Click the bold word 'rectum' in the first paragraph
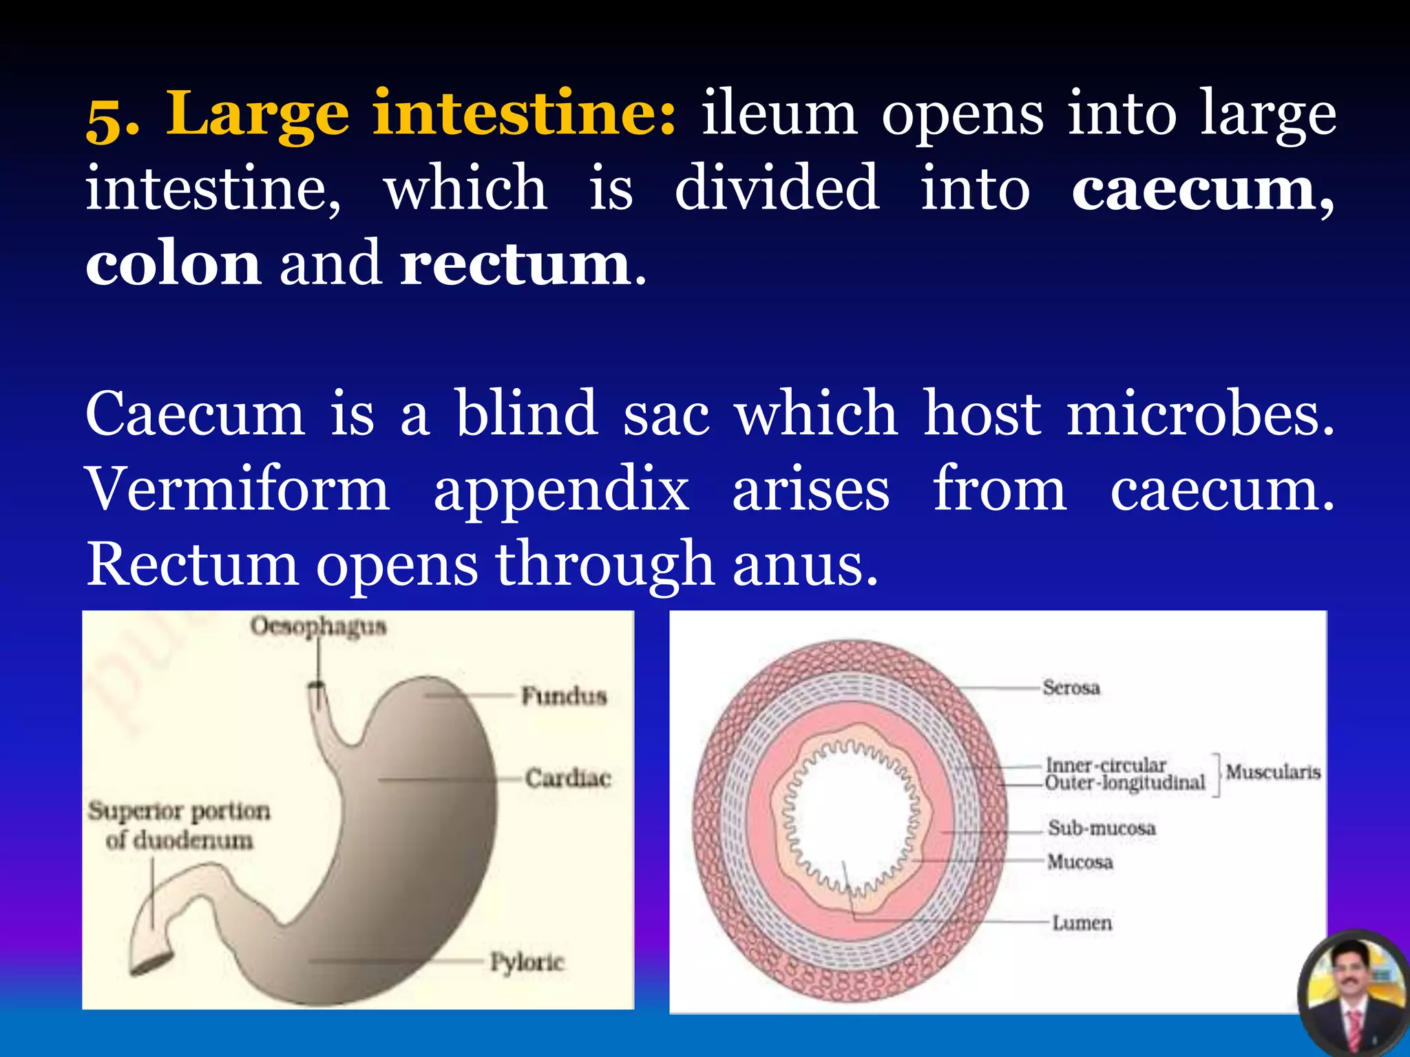pos(515,264)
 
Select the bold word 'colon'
pos(173,264)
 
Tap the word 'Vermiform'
pos(238,489)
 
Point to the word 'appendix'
pos(561,491)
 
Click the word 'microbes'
pos(1199,414)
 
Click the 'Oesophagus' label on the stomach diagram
pos(318,627)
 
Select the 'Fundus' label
pos(564,696)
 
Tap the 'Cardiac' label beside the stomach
pos(568,778)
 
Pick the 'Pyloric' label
pos(527,961)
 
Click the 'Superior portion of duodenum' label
pos(179,825)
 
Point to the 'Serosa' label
pos(1071,687)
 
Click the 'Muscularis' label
pos(1273,772)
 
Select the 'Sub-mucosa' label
pos(1101,828)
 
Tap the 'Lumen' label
pos(1082,923)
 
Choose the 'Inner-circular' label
pos(1106,765)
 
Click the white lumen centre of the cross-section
pos(850,819)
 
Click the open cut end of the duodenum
pos(151,963)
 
